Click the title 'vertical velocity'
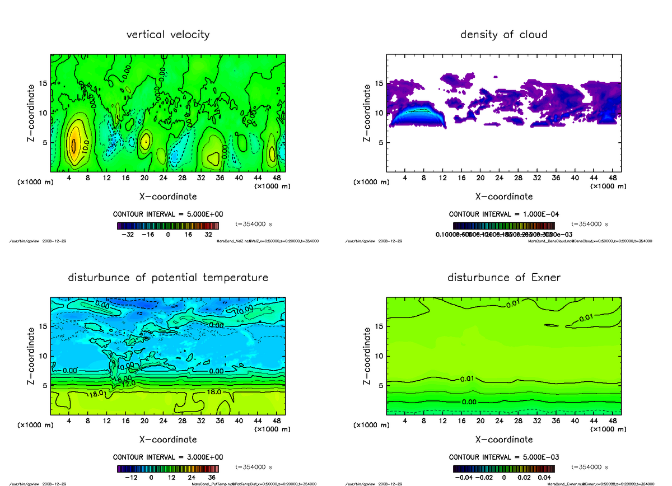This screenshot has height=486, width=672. [x=168, y=35]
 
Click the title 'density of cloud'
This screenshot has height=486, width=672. [x=503, y=35]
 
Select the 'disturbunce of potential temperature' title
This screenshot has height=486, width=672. [x=168, y=278]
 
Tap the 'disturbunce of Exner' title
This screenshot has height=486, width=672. [x=503, y=278]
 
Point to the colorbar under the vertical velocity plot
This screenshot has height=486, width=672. [x=168, y=226]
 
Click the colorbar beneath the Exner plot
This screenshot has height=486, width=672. [x=503, y=469]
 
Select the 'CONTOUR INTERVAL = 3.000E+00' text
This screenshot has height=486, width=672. [x=168, y=457]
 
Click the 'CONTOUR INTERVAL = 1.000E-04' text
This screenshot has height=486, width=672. [x=504, y=214]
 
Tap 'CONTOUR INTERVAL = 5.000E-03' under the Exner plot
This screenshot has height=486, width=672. [x=504, y=457]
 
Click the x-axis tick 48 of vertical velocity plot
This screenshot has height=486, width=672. [x=276, y=178]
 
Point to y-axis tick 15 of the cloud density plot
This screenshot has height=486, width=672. [x=379, y=84]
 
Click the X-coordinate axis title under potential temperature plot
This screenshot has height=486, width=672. [x=168, y=440]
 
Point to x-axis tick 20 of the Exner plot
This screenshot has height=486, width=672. [x=480, y=420]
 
